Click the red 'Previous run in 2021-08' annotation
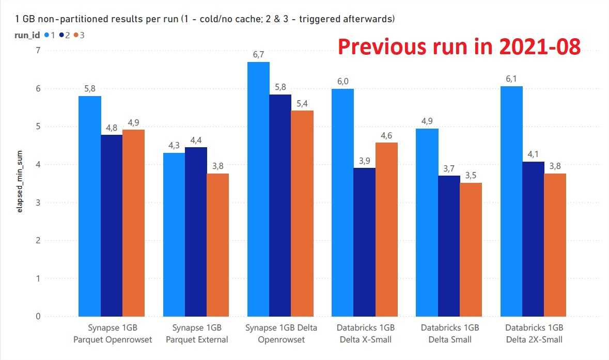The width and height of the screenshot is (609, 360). pos(459,47)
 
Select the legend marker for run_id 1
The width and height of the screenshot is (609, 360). pos(47,35)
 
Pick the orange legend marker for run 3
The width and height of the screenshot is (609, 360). pos(75,35)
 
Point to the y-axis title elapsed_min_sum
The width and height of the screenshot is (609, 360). pos(19,183)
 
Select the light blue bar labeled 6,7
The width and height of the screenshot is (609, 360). pos(258,189)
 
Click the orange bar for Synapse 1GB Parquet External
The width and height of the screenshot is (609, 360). pos(218,245)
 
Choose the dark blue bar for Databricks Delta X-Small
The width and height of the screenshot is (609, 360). pos(365,242)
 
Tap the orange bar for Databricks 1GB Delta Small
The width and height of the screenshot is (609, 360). pos(471,249)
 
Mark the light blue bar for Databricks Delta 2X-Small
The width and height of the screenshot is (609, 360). pos(511,201)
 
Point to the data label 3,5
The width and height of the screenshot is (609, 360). pos(471,175)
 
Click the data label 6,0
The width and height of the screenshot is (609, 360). pos(342,81)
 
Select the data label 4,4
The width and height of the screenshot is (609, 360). pos(196,139)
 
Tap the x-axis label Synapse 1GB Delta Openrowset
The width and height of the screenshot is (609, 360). pos(280,334)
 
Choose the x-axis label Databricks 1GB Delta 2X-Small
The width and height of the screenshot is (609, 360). pos(534,334)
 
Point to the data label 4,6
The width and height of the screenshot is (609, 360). pos(386,135)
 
